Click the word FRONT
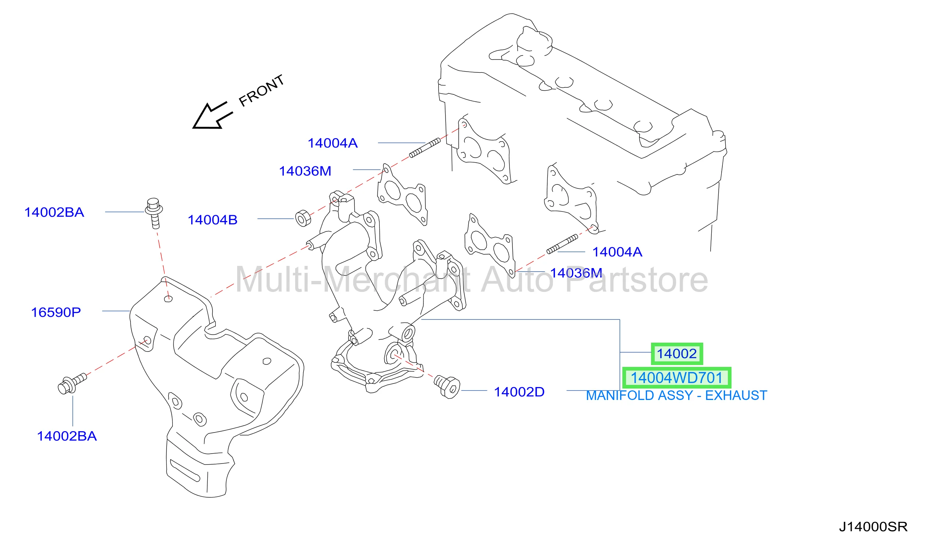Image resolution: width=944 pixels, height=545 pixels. pyautogui.click(x=261, y=91)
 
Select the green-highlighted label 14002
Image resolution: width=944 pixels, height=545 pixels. pyautogui.click(x=677, y=354)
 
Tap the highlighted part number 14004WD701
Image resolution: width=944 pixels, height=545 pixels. pyautogui.click(x=676, y=378)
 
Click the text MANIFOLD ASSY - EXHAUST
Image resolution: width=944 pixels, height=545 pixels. pyautogui.click(x=676, y=396)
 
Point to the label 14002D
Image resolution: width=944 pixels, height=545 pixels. pyautogui.click(x=519, y=392)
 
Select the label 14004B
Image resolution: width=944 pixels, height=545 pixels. pyautogui.click(x=212, y=220)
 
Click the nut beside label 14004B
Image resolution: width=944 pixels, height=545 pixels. pyautogui.click(x=303, y=219)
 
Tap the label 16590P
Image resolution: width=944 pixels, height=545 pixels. pyautogui.click(x=56, y=312)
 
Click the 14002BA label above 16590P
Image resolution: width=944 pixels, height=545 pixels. pyautogui.click(x=54, y=212)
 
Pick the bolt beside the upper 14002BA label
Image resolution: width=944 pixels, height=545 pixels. pyautogui.click(x=154, y=213)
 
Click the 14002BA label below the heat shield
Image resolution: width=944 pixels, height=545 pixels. pyautogui.click(x=67, y=436)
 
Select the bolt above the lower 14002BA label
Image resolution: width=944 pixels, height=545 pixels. pyautogui.click(x=72, y=384)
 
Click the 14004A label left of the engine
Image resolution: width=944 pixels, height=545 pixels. pyautogui.click(x=333, y=143)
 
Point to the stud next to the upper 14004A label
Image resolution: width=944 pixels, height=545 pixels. pyautogui.click(x=425, y=148)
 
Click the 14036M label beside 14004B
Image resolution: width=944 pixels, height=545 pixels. pyautogui.click(x=305, y=171)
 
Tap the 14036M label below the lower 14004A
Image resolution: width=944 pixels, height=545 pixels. pyautogui.click(x=576, y=273)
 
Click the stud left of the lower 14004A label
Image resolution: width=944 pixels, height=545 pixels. pyautogui.click(x=562, y=244)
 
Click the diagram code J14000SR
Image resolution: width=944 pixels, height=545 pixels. pyautogui.click(x=873, y=527)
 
